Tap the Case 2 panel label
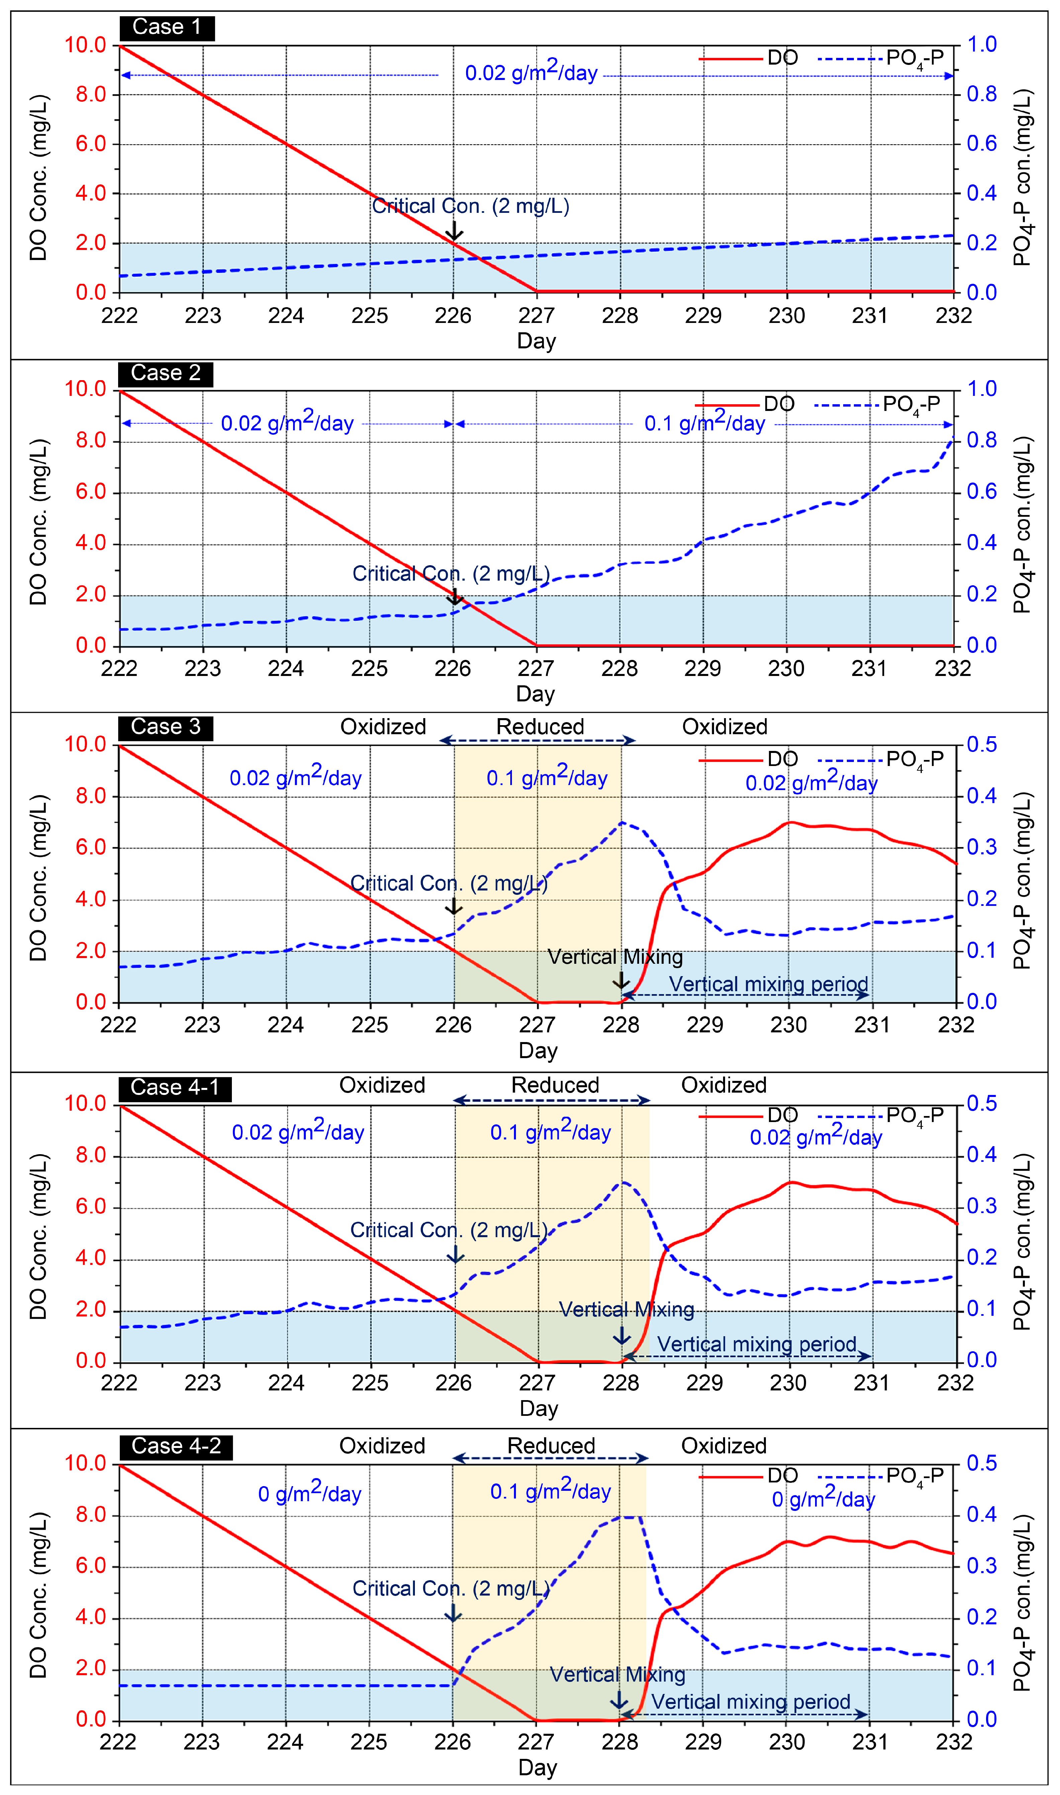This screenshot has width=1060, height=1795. point(166,373)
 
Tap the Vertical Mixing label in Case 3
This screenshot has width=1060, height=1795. point(615,957)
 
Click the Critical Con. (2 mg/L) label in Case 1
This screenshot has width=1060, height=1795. point(471,206)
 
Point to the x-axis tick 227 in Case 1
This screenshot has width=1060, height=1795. point(536,316)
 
